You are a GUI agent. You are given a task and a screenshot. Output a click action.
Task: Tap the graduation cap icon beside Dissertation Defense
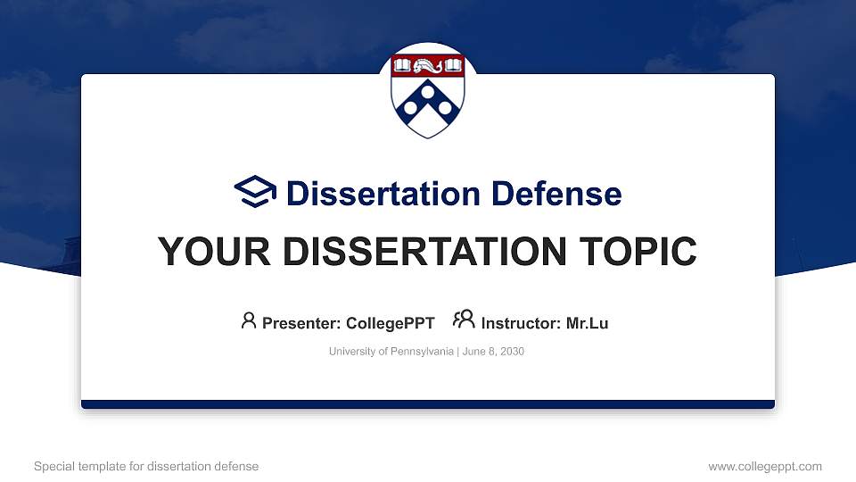255,193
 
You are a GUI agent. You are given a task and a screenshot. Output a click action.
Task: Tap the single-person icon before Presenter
249,320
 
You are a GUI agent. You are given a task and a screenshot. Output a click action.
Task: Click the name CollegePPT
391,323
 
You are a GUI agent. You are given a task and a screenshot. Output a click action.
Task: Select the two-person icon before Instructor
464,320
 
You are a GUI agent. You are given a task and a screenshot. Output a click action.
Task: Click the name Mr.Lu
587,323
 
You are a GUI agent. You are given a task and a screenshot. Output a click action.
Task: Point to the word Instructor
521,323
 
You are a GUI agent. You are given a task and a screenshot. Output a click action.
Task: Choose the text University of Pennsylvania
391,352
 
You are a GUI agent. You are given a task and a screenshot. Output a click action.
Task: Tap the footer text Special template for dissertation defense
146,466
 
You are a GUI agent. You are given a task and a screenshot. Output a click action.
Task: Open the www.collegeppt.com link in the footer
765,466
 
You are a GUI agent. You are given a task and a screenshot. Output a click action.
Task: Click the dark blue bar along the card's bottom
428,404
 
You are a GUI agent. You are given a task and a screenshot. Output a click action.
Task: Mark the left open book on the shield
402,65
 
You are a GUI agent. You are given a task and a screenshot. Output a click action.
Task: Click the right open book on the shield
454,65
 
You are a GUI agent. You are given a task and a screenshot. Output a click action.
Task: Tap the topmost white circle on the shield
428,90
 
